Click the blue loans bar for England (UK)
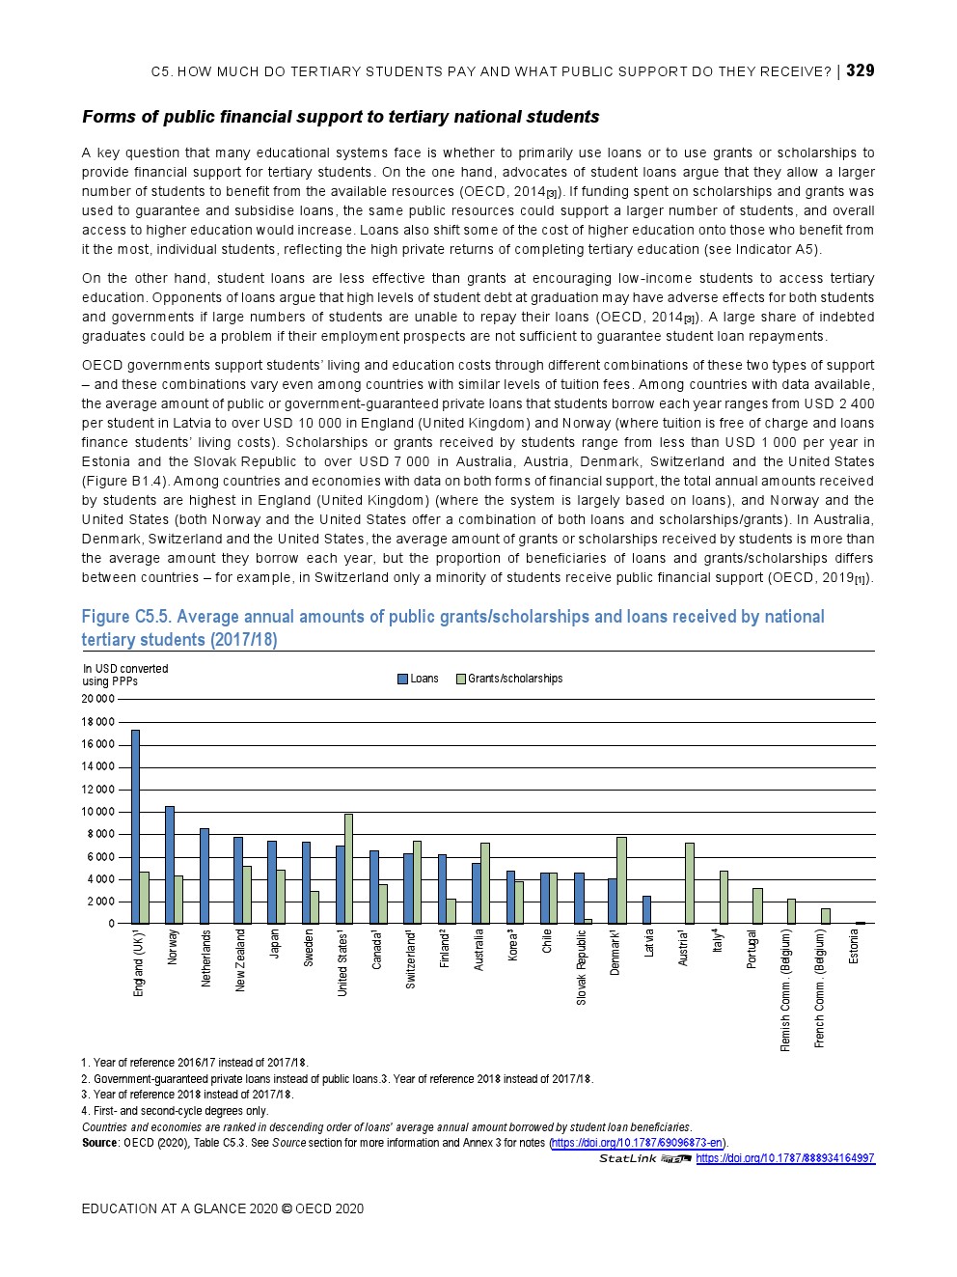[135, 826]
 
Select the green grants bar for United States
[348, 869]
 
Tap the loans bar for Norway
[170, 865]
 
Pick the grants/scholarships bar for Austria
[690, 883]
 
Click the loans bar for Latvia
[646, 910]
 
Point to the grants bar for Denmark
[621, 880]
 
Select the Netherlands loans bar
[204, 875]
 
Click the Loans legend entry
[418, 679]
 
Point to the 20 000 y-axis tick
[97, 700]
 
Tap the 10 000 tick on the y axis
[97, 812]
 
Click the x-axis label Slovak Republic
[581, 967]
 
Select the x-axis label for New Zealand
[240, 960]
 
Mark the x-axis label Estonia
[854, 947]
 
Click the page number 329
[860, 70]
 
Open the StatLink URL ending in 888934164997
[784, 1158]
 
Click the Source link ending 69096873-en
[638, 1143]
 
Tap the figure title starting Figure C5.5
[452, 627]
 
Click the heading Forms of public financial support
[341, 117]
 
